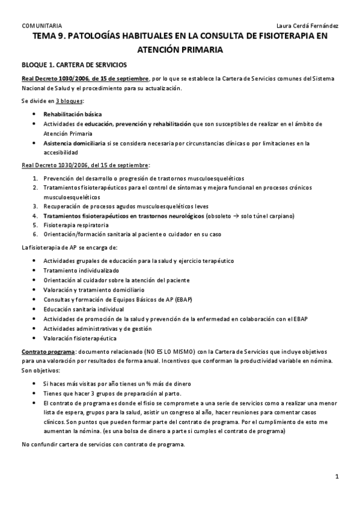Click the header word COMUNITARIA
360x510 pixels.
pos(41,25)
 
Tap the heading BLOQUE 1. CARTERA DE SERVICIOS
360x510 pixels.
pos(74,65)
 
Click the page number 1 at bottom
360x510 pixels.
pos(338,477)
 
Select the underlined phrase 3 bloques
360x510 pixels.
pos(69,101)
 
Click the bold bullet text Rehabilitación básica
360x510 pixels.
pos(72,114)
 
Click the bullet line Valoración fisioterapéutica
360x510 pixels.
pos(80,339)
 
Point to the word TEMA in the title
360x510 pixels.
pos(46,37)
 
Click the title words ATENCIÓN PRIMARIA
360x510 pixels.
pos(180,51)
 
